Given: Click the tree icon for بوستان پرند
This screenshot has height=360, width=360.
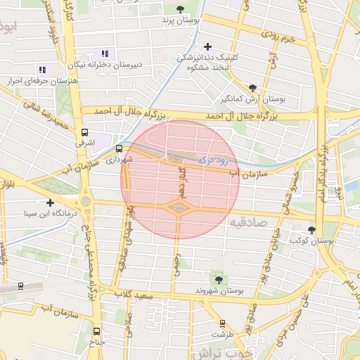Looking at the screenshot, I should pyautogui.click(x=181, y=9).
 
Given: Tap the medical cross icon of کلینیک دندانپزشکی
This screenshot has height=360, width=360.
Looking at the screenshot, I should pyautogui.click(x=207, y=46).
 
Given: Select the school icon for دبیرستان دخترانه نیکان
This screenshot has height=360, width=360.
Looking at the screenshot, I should pyautogui.click(x=105, y=53).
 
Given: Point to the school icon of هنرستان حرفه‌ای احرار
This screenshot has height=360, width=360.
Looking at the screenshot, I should pyautogui.click(x=42, y=70).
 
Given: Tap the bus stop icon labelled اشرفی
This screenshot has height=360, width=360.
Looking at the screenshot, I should pyautogui.click(x=85, y=131).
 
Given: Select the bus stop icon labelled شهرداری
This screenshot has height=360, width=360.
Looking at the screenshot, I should pyautogui.click(x=119, y=148).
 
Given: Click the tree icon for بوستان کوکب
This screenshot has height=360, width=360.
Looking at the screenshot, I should pyautogui.click(x=312, y=230).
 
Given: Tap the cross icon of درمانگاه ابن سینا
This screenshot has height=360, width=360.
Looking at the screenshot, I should pyautogui.click(x=50, y=202).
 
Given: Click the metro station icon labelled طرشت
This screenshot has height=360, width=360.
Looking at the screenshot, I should pyautogui.click(x=223, y=323).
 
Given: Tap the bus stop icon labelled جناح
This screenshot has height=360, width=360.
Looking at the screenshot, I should pyautogui.click(x=96, y=331).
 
